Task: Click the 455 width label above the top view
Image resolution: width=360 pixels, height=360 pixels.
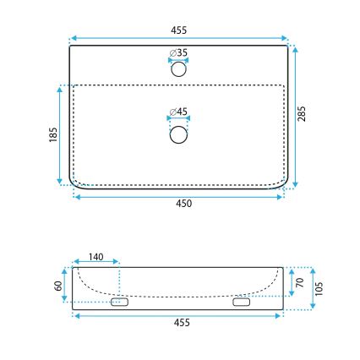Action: pos(178,30)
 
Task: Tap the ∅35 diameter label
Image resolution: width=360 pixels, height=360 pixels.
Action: pos(178,52)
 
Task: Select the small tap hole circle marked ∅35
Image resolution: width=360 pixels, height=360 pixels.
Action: pos(178,70)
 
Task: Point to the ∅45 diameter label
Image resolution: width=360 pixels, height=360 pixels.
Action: pos(178,112)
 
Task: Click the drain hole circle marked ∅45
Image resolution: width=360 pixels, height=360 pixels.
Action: pos(178,134)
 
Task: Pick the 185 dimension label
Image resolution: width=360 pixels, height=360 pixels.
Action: pos(52,134)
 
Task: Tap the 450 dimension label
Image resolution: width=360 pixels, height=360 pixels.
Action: pos(183,204)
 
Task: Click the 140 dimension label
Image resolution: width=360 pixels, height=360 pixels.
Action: pos(96,257)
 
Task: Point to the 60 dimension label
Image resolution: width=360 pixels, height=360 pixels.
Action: pos(57,286)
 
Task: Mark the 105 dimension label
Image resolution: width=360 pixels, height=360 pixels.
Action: pos(320,287)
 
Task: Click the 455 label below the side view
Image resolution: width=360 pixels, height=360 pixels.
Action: pos(181,323)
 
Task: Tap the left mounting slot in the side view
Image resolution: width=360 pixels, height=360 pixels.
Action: pos(119,302)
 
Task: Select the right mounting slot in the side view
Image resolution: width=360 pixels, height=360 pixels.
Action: pos(242,302)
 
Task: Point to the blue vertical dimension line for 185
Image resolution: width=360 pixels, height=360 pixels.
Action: pos(60,134)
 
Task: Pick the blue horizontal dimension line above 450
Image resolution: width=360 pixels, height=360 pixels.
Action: pos(178,196)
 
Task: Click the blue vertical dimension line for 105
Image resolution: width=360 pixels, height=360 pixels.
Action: pos(312,287)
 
